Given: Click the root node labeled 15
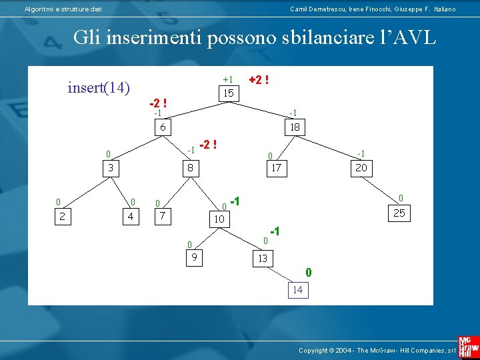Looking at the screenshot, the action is [229, 93].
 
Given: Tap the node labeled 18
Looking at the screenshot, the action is [294, 127].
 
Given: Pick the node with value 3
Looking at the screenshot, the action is [111, 168].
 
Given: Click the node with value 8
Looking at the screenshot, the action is [190, 168].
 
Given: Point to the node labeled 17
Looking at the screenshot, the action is [275, 168].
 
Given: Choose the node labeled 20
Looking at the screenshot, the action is [361, 168].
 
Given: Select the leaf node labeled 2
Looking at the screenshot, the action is [62, 216].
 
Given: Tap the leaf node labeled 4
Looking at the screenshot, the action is [130, 216].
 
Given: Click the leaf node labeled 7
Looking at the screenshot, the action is [162, 216].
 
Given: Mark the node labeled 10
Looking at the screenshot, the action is [219, 218].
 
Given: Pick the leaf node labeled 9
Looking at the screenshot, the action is [194, 257].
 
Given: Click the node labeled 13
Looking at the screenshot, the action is [262, 259].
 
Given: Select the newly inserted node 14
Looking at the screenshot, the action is [297, 289].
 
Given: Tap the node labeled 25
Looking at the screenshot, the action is [399, 213].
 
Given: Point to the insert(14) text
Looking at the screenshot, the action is [99, 87].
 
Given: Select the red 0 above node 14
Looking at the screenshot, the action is [308, 272].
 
